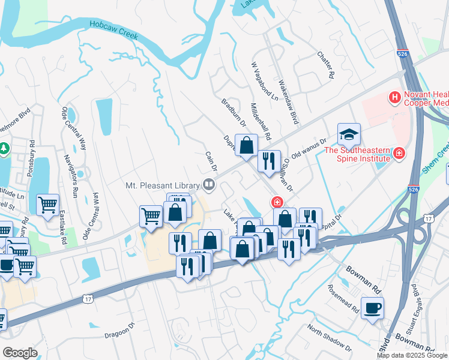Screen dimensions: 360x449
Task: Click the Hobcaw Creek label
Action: point(114,30)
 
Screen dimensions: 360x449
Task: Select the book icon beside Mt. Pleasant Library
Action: point(209,184)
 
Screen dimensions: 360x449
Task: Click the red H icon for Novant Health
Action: point(394,96)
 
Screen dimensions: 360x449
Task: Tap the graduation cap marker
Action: point(349,134)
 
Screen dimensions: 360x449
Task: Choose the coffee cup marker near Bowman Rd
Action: point(373,308)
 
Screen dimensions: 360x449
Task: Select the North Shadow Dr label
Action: point(329,337)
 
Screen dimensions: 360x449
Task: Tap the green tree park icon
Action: point(5,148)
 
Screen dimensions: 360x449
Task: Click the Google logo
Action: point(20,353)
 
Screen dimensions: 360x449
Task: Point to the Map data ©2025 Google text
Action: point(412,355)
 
